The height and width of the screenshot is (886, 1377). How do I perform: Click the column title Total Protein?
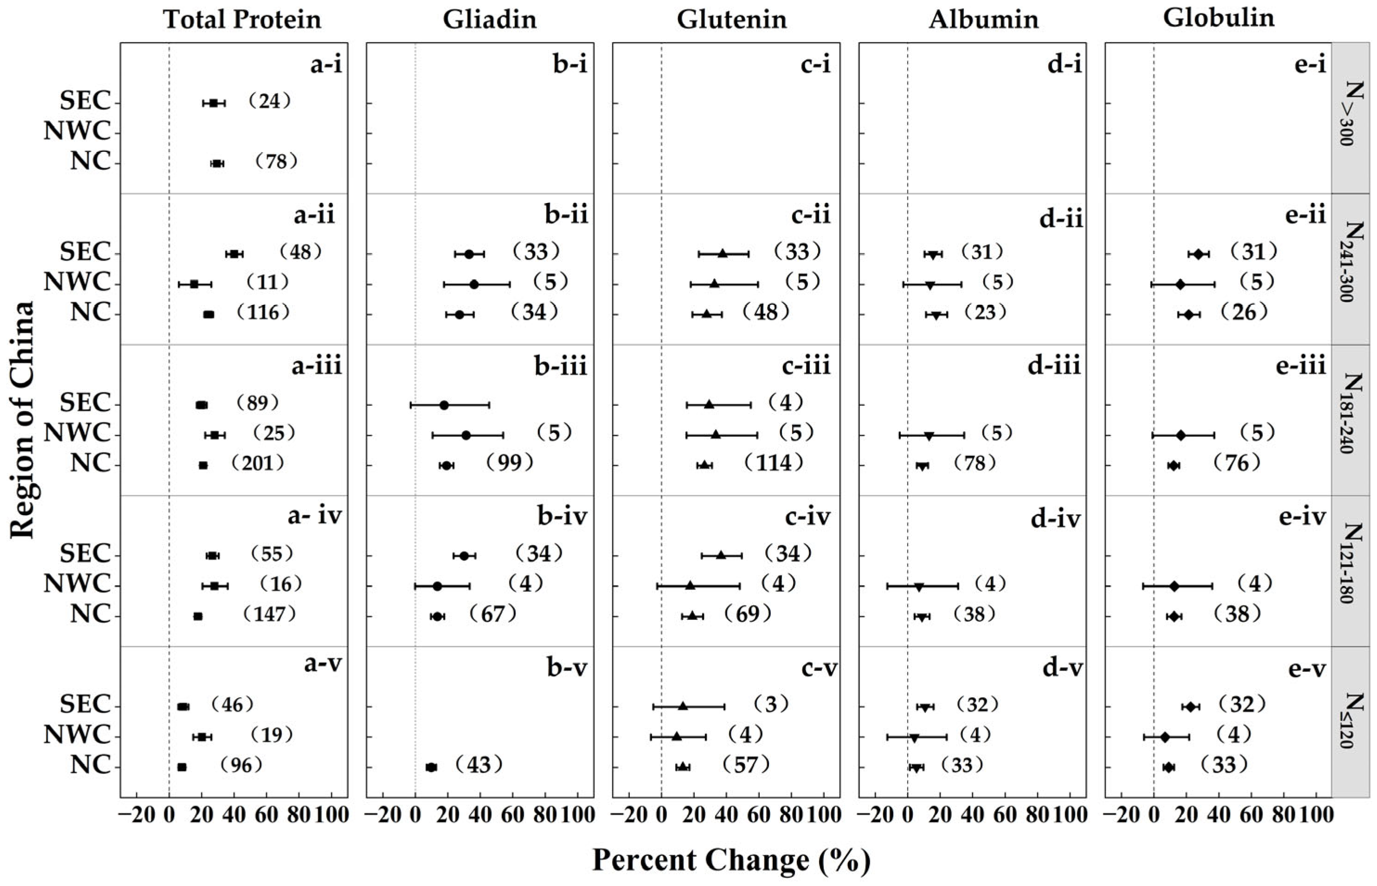(242, 19)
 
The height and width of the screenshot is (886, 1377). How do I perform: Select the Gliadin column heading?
(490, 19)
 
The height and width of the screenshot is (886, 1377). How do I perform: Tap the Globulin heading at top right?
(1219, 19)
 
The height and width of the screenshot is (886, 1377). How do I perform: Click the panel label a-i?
(326, 65)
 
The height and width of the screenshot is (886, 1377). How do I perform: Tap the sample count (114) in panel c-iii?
(774, 463)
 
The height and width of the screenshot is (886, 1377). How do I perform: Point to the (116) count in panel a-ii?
(263, 312)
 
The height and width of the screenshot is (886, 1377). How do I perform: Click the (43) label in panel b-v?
(479, 765)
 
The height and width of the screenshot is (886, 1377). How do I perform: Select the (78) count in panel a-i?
(276, 162)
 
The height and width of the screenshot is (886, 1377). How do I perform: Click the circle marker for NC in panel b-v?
(431, 767)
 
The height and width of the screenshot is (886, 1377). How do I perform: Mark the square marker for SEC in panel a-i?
(213, 103)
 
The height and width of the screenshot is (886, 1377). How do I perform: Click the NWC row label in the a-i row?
(77, 132)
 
